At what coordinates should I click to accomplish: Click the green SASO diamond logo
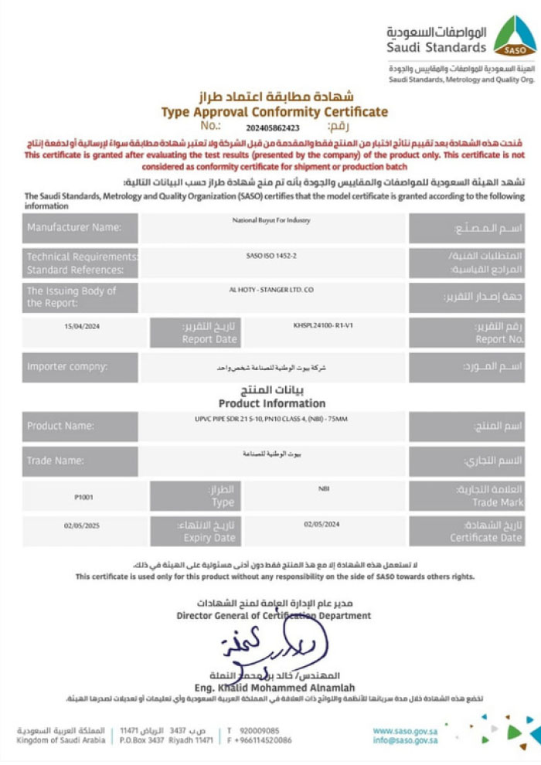pos(514,36)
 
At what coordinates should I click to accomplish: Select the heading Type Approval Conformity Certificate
pos(274,112)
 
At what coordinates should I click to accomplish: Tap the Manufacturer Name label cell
pos(80,228)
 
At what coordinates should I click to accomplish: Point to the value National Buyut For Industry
pos(271,221)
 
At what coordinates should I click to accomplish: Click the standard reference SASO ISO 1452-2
pos(271,253)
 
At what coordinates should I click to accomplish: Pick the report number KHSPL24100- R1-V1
pos(324,325)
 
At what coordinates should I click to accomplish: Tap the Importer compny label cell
pos(80,366)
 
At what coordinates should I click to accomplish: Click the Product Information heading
pos(272,403)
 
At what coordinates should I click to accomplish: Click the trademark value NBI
pos(324,488)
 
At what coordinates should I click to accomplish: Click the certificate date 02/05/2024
pos(322,525)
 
